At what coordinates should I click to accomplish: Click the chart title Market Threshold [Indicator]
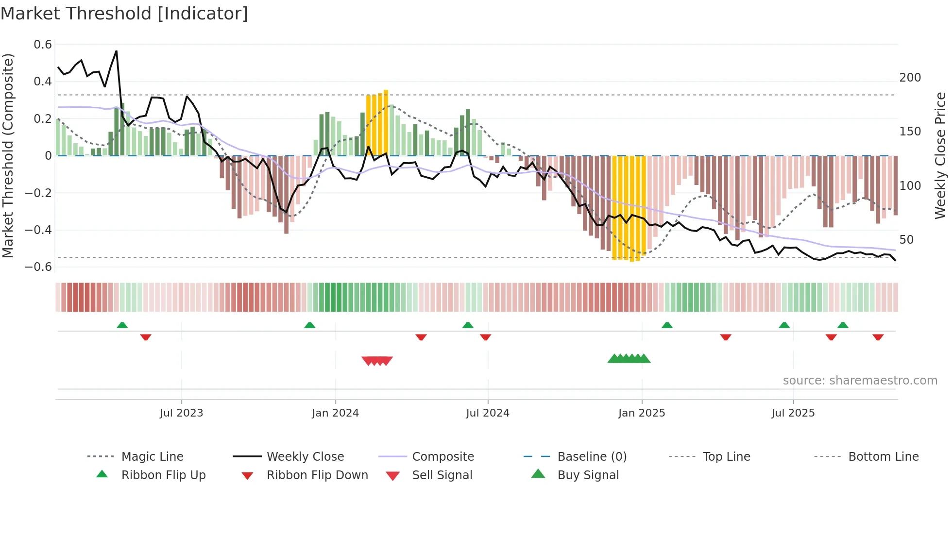click(124, 14)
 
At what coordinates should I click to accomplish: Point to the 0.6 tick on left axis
click(43, 45)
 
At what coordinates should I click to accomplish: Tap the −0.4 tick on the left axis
click(38, 230)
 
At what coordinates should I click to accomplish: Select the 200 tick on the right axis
click(910, 78)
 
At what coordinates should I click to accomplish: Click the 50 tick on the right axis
click(906, 240)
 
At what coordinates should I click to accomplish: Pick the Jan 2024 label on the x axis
click(335, 413)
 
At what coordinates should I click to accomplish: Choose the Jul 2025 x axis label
click(793, 413)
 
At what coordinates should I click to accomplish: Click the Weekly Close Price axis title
click(940, 155)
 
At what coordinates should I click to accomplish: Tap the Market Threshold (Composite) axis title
click(8, 155)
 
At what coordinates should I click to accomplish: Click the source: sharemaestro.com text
click(860, 381)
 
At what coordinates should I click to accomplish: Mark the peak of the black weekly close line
click(116, 51)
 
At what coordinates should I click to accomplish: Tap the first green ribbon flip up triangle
click(122, 325)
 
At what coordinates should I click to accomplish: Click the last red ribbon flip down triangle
click(878, 337)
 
